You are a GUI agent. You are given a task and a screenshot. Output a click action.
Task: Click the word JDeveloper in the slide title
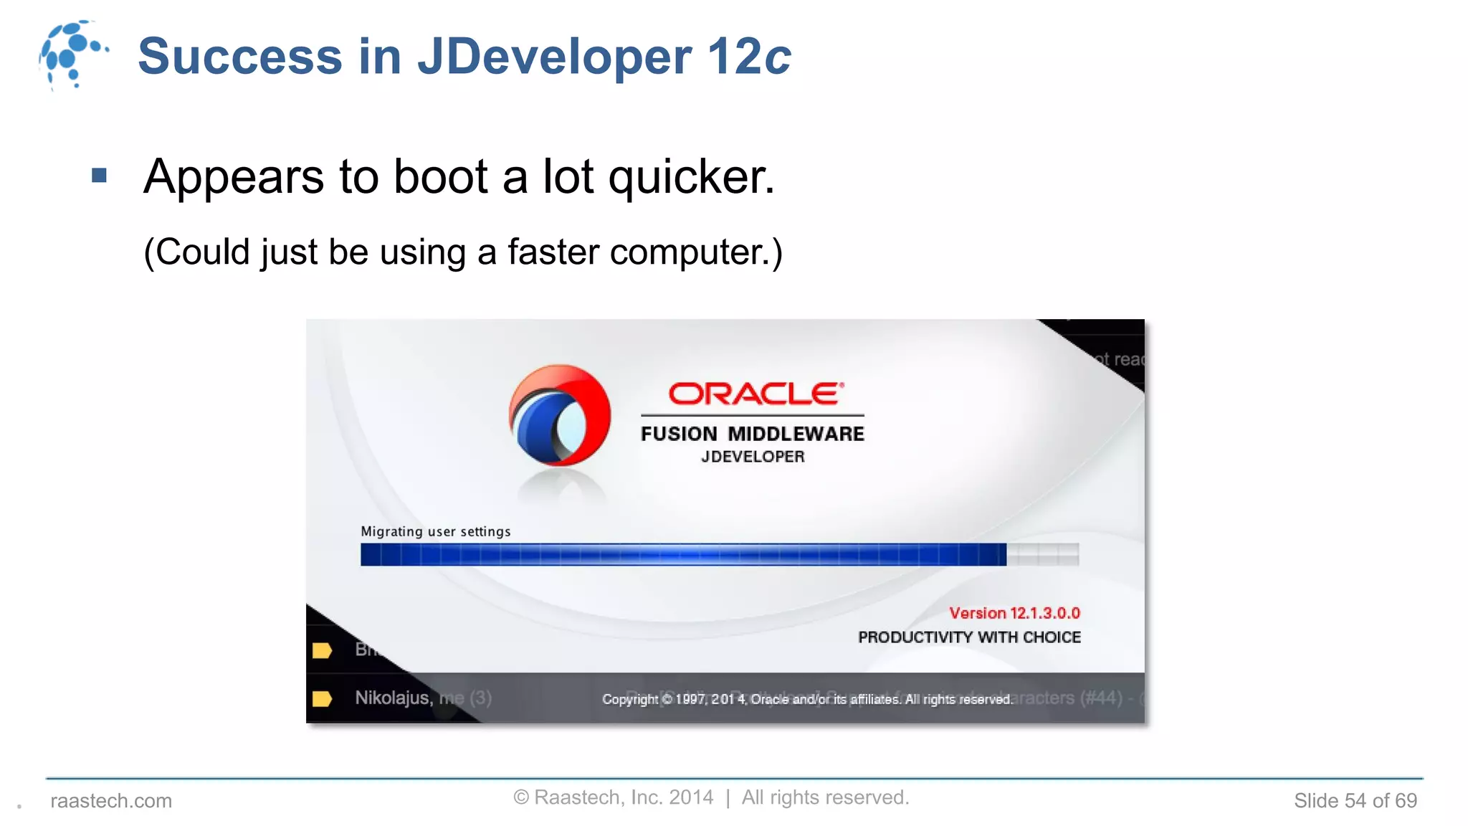pos(554,56)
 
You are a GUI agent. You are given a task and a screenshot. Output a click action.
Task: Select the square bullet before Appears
pos(100,176)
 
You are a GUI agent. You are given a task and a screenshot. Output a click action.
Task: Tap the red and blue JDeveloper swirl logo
pos(560,416)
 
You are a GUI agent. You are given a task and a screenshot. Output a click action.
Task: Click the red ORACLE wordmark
pos(756,394)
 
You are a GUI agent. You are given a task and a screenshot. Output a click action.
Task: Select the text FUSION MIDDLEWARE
pos(752,434)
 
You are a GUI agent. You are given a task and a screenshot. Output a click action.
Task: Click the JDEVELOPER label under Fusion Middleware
pos(753,457)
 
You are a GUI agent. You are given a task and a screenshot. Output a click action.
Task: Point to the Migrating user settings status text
pos(436,531)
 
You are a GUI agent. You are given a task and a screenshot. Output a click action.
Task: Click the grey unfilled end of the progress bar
pos(1043,554)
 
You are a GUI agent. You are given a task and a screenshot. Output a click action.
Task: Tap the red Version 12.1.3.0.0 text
pos(1014,613)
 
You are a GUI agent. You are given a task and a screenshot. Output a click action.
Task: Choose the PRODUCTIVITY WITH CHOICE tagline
pos(969,637)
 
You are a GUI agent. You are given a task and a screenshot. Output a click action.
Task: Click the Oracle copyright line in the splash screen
pos(806,699)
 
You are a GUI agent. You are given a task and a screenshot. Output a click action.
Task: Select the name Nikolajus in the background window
pos(391,698)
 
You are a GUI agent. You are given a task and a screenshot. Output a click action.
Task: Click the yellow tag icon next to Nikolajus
pos(323,698)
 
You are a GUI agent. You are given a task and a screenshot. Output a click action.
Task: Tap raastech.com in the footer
pos(111,801)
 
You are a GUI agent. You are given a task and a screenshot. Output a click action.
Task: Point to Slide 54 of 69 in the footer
pos(1355,801)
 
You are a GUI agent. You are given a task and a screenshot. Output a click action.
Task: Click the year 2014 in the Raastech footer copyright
pos(691,797)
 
